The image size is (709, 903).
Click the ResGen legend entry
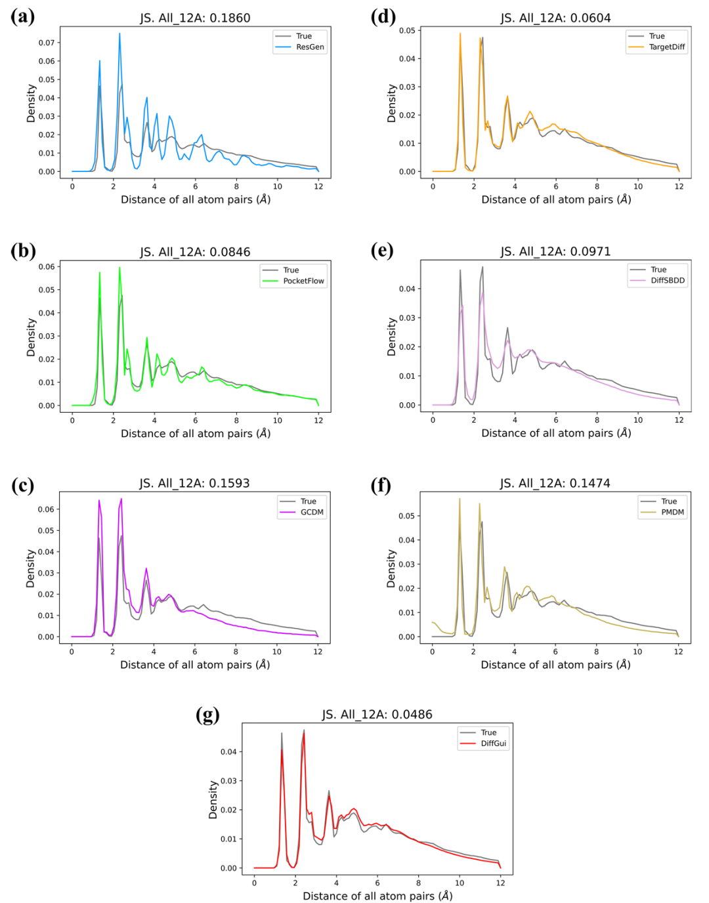coord(309,47)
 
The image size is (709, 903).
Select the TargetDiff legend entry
coord(666,47)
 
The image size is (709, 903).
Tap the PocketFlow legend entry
coord(303,281)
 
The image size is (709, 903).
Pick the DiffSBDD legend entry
coord(667,280)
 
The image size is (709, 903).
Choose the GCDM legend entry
coord(312,513)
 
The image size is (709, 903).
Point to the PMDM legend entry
coord(672,513)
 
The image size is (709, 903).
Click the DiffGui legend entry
coord(493,744)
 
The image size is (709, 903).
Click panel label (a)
coord(23,16)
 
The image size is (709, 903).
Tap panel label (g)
coord(207,714)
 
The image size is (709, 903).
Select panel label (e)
coord(382,251)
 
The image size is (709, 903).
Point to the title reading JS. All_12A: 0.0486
coord(377,714)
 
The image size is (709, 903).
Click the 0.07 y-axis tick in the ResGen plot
coord(47,43)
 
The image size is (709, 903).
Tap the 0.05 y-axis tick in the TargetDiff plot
coord(407,30)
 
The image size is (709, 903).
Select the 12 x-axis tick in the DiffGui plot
coord(500,883)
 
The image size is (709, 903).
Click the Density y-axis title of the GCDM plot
coord(30,568)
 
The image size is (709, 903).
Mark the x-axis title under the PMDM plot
coord(555,665)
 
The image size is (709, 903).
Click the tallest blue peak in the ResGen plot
coord(119,33)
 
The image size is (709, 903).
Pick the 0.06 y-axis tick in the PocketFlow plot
coord(47,267)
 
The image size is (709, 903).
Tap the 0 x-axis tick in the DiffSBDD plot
coord(433,420)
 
